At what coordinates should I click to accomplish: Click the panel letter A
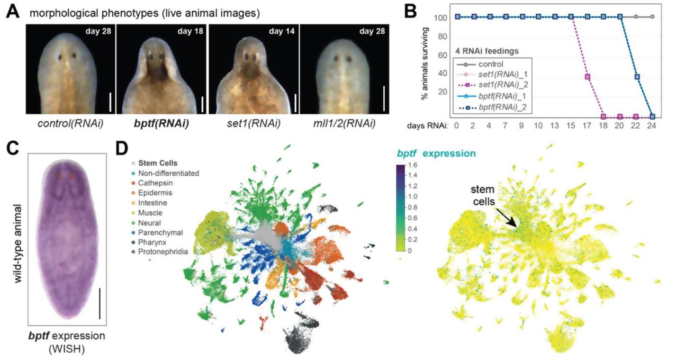12,11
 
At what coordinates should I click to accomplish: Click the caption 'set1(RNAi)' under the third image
252,125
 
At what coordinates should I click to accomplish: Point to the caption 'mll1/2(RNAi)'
345,125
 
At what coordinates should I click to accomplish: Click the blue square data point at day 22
637,77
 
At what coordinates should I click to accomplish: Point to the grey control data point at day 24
653,17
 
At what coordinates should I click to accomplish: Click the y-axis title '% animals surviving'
424,67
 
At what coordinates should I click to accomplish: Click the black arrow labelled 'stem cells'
507,218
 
